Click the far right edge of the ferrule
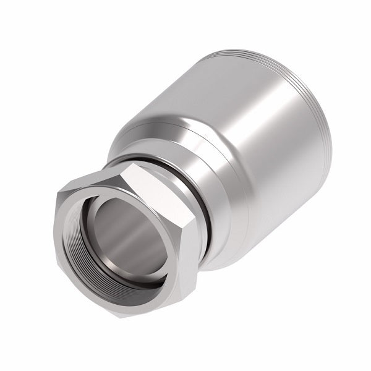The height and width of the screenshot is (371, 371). click(x=330, y=148)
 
